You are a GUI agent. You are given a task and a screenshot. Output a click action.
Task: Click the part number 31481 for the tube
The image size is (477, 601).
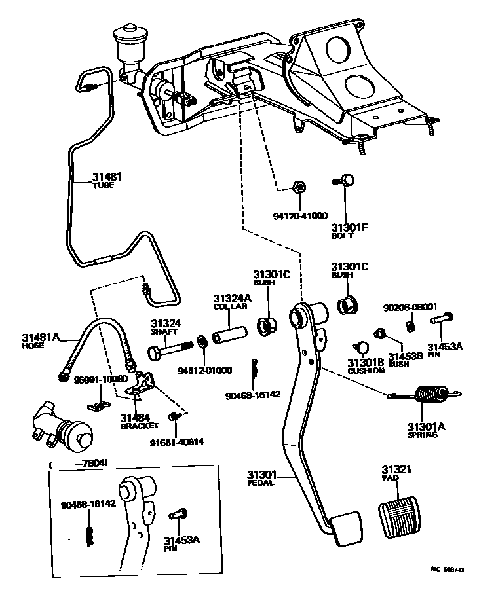tap(107, 177)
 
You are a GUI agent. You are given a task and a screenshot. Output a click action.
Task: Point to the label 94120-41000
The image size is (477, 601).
tap(299, 215)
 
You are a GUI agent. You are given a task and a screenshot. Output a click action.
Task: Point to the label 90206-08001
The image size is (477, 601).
tap(410, 306)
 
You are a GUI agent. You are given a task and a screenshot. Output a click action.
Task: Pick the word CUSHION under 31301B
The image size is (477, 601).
tap(366, 371)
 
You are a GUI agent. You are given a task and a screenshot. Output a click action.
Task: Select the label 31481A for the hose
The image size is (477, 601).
tap(41, 337)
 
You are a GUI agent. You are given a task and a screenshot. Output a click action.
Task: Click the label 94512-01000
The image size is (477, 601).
tap(204, 370)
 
